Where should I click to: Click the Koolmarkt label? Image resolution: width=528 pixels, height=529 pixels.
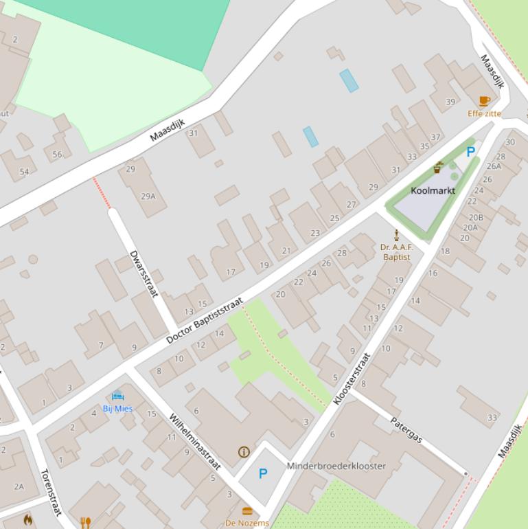coord(433,190)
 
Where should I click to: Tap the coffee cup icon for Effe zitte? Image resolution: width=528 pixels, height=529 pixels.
coord(485,102)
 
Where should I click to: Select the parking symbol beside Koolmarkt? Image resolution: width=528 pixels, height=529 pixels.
coord(470,153)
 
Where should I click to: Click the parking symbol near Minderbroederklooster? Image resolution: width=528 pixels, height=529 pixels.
coord(263,473)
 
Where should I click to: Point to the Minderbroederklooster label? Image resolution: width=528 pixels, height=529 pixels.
coord(336,466)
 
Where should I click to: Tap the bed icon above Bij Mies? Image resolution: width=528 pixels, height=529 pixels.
coord(117,396)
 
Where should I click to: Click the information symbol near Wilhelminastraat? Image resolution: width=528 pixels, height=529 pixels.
coord(243,451)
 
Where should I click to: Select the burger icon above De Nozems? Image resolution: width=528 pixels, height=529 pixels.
coord(247,512)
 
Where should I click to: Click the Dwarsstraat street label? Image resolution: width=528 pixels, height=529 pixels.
coord(144,273)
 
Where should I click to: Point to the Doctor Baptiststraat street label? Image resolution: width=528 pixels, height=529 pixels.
coord(205,321)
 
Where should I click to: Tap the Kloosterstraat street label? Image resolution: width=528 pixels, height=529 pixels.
coord(352,379)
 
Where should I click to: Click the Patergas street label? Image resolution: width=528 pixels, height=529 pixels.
coord(406,429)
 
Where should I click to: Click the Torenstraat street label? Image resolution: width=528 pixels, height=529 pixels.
coord(51,492)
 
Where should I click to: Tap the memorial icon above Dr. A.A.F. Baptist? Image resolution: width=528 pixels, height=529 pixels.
coord(396,235)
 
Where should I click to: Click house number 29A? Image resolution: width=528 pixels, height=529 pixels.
coord(148,196)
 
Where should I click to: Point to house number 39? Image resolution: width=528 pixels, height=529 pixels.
coord(450,102)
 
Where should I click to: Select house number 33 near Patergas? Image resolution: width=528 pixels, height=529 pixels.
coord(492,417)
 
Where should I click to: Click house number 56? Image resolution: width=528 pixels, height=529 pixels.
coord(57,155)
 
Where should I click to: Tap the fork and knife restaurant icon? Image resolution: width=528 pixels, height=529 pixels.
coord(85,523)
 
